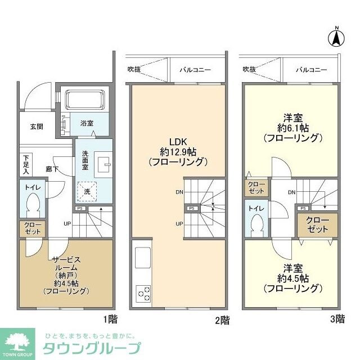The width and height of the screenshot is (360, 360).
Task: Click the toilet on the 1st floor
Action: tap(33, 204)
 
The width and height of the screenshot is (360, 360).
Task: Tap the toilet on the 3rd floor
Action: tap(256, 222)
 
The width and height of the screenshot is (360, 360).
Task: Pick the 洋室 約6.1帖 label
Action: tap(293, 128)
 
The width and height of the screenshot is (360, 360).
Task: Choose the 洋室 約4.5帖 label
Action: tap(293, 278)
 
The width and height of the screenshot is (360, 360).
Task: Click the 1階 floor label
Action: tap(110, 320)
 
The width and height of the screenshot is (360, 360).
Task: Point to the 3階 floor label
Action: tap(336, 320)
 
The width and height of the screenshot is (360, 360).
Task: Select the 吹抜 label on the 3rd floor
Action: tap(249, 69)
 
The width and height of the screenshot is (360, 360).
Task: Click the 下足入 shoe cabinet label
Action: tap(26, 163)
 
